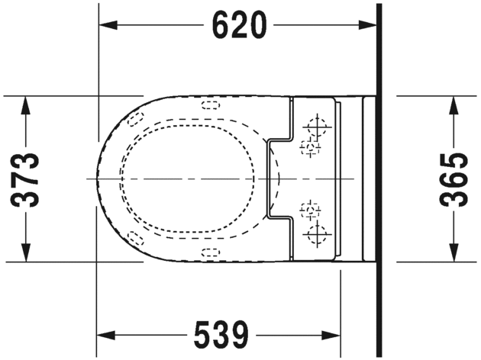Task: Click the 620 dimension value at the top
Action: (239, 26)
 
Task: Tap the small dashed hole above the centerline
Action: (310, 146)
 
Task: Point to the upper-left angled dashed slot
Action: (135, 119)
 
